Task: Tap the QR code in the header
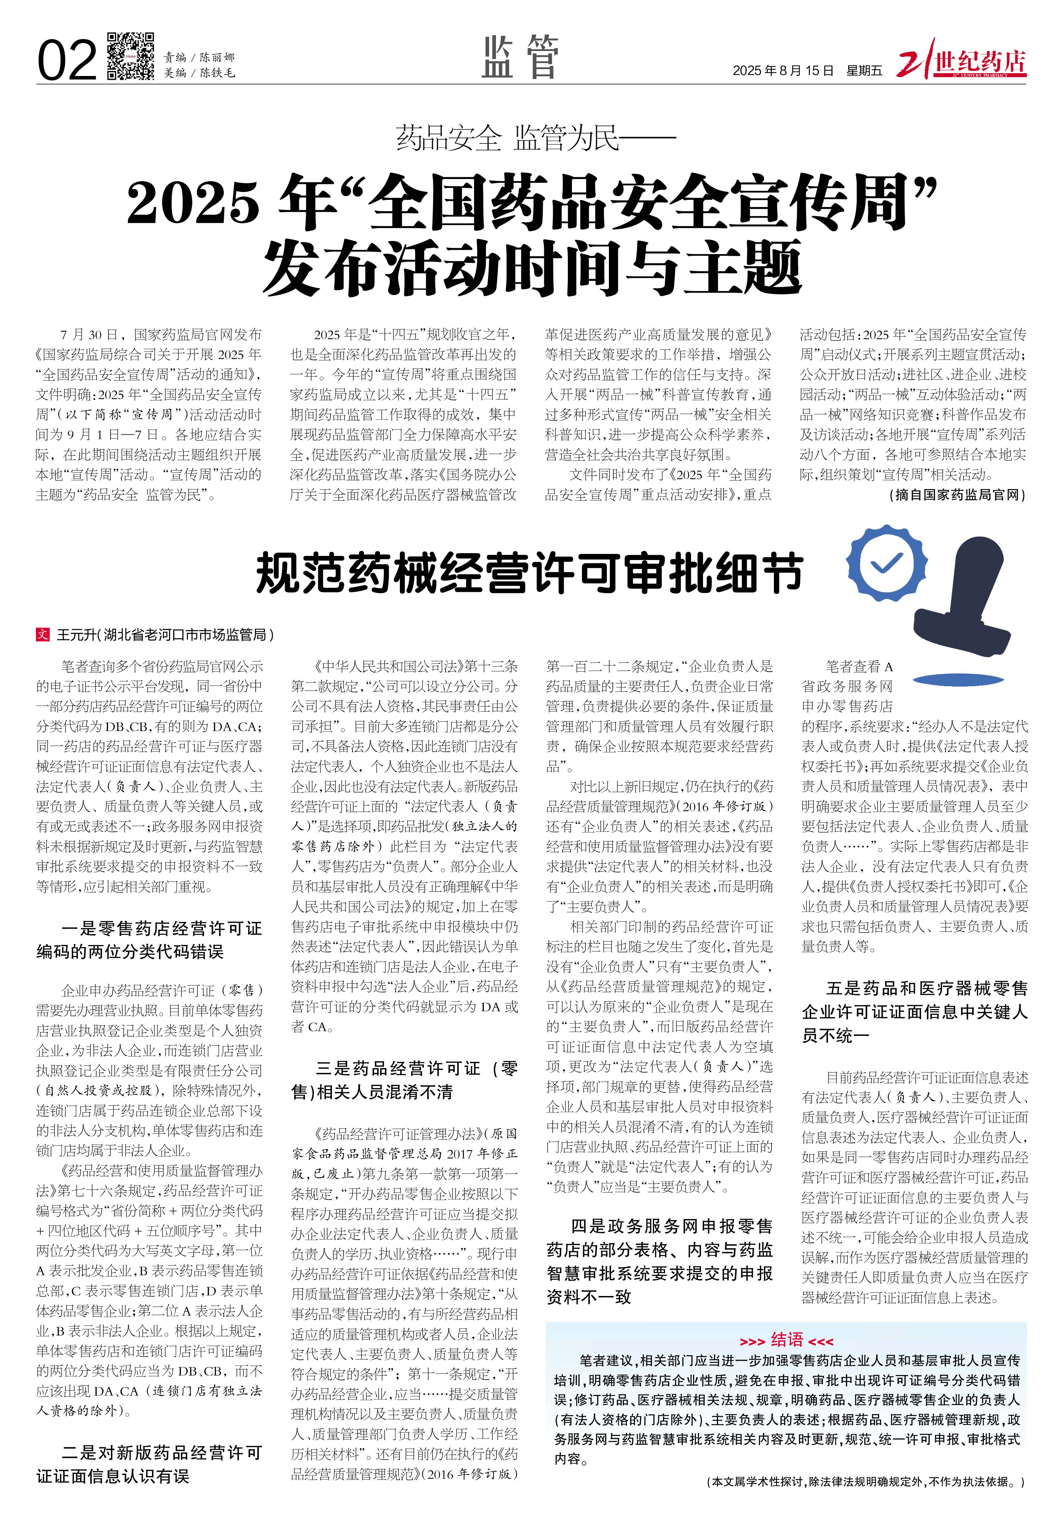[131, 56]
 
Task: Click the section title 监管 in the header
[521, 57]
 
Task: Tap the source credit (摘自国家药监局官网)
[956, 495]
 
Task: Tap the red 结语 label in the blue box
[786, 1322]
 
